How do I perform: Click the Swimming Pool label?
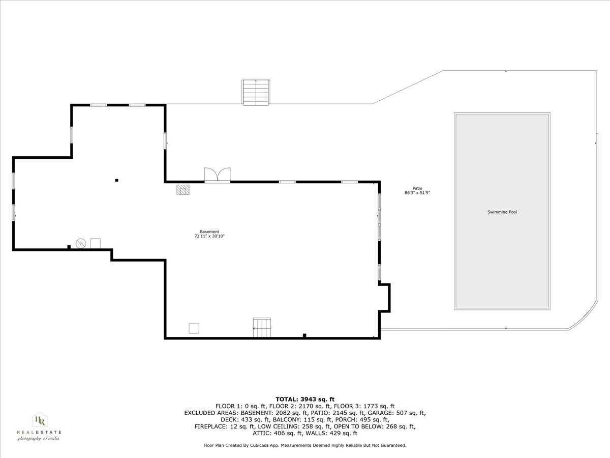coord(502,212)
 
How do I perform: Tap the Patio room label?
coord(417,188)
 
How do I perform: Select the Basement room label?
coord(209,232)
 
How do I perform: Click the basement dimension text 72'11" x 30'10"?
coord(209,236)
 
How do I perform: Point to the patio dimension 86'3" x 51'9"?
coord(417,193)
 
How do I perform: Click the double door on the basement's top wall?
coord(217,175)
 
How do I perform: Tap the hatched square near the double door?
coord(183,190)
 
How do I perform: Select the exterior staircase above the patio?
coord(256,92)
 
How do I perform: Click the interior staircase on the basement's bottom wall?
coord(262,328)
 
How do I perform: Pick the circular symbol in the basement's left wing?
coord(80,243)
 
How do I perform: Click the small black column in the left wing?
coord(116,180)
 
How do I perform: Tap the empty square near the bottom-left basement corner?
coord(194,328)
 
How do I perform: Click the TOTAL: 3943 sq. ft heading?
coord(304,399)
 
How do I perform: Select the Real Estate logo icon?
coord(39,420)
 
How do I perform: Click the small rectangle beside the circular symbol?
coord(96,243)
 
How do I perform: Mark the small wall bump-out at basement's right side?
coord(385,298)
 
